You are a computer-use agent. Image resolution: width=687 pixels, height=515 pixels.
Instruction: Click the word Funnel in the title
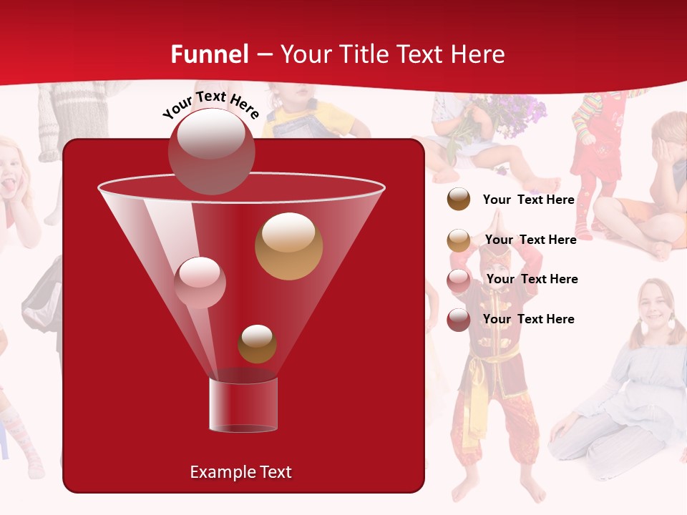[209, 54]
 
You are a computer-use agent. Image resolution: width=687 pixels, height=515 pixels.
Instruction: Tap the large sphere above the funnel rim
[211, 151]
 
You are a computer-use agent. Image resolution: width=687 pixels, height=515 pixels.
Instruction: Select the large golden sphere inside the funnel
[288, 246]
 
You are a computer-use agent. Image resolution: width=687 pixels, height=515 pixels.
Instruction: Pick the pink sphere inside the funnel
[200, 282]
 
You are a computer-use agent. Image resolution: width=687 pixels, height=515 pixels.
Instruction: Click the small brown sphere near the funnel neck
[257, 344]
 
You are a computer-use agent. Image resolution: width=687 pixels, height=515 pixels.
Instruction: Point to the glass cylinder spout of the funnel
[243, 405]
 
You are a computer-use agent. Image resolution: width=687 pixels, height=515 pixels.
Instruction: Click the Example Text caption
[240, 472]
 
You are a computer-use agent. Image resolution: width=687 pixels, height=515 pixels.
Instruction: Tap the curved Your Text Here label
[210, 104]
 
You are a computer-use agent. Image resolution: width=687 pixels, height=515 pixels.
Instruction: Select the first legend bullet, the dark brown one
[459, 200]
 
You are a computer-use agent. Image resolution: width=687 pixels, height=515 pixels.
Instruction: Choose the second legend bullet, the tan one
[459, 240]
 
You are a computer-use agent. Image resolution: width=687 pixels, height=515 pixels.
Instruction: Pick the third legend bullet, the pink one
[459, 280]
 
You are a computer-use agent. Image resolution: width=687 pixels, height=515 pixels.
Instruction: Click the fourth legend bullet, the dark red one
[459, 320]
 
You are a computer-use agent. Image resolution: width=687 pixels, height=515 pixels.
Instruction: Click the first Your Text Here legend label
[528, 200]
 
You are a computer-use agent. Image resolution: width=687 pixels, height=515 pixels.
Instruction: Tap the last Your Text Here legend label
[528, 319]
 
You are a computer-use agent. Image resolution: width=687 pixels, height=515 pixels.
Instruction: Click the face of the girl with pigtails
[654, 304]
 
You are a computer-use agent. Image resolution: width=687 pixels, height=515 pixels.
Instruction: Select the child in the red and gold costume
[496, 372]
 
